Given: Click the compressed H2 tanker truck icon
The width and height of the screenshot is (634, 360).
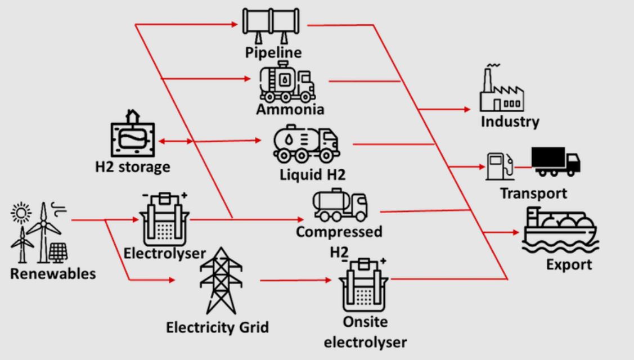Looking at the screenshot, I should (340, 206).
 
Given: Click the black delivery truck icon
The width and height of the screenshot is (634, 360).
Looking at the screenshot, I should (555, 161).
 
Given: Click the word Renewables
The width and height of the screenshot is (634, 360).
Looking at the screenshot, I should (52, 274).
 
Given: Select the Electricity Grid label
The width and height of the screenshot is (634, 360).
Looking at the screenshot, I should (217, 327).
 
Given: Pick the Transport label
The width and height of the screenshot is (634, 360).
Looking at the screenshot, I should (533, 193).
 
